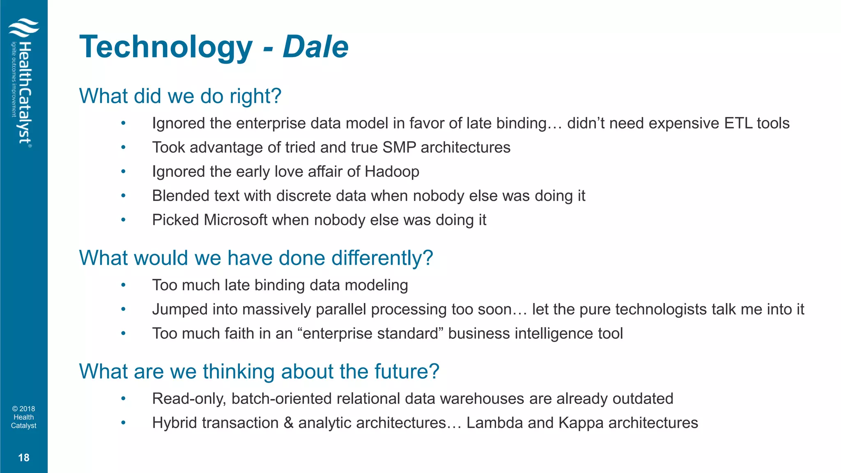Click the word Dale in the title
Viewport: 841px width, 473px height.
(x=315, y=47)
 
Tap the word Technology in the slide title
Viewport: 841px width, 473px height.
(x=166, y=48)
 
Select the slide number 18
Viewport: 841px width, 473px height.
(x=24, y=457)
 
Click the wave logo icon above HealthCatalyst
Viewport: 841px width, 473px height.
(x=24, y=28)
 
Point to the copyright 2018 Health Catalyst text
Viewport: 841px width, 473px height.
(x=24, y=417)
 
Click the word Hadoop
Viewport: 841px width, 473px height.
(x=392, y=172)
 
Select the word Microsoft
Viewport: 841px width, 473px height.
(x=236, y=220)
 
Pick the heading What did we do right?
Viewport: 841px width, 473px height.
(x=180, y=96)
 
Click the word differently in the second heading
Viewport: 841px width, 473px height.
(x=382, y=258)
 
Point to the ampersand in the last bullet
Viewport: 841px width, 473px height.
(x=288, y=423)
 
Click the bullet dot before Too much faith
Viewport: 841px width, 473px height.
(x=123, y=333)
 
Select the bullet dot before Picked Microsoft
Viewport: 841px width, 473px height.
(x=123, y=220)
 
